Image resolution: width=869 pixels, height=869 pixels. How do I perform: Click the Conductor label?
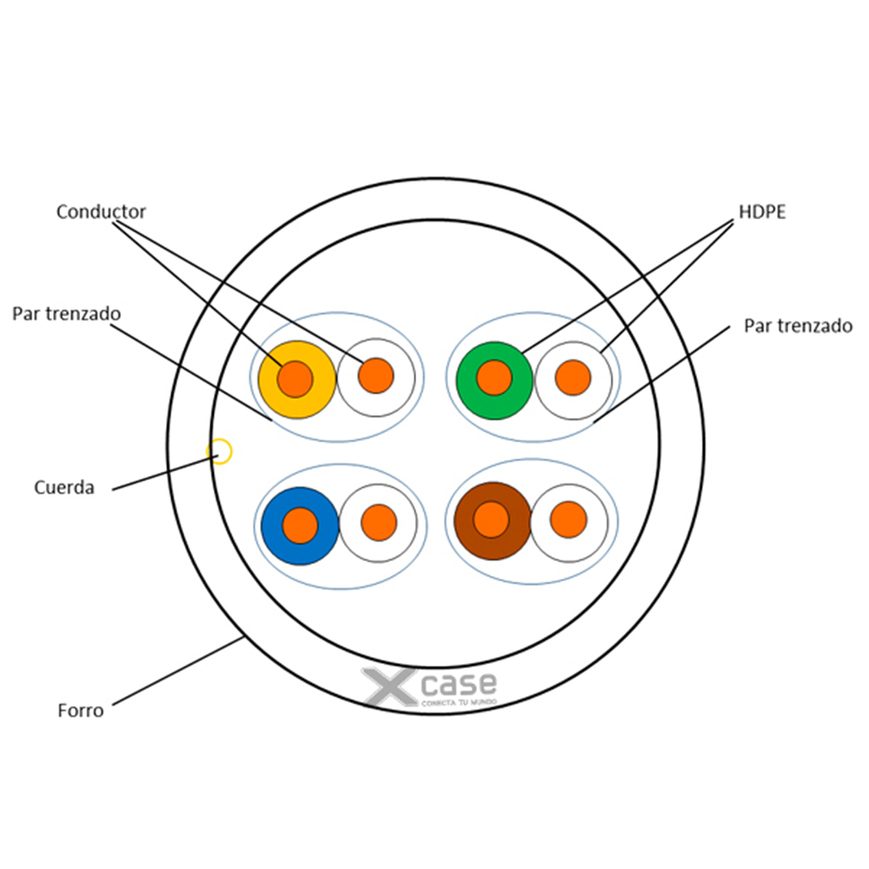tap(101, 211)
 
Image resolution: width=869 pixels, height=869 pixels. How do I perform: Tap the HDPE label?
tap(762, 211)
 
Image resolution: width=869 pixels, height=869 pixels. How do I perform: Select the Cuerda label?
tap(64, 488)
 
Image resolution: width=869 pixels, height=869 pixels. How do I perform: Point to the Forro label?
tap(81, 711)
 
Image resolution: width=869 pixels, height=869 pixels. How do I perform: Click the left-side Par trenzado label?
tap(66, 313)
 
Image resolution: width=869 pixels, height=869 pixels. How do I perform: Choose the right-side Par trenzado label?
tap(798, 326)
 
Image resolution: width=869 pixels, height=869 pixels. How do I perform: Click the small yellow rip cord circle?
tap(221, 452)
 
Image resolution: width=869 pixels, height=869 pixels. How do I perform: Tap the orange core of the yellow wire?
tap(295, 378)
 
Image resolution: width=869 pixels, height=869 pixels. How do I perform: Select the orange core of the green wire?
tap(494, 377)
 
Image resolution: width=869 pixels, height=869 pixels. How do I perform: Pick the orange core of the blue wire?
tap(300, 525)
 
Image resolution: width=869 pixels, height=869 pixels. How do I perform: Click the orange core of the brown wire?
tap(492, 520)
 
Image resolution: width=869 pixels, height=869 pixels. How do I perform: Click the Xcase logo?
tap(431, 687)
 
